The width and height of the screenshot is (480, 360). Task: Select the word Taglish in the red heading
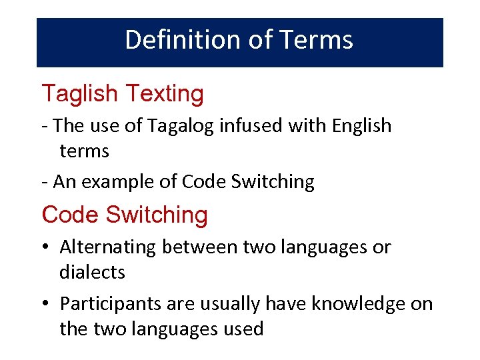tap(80, 94)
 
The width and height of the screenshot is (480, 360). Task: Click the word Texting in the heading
tap(164, 94)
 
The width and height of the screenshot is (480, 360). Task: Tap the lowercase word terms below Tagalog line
tap(84, 151)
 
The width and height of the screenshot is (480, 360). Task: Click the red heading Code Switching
tap(125, 215)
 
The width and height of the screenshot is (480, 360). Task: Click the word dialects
tap(92, 272)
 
